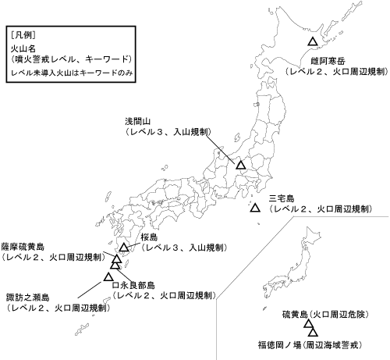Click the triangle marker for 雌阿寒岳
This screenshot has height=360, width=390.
pyautogui.click(x=312, y=41)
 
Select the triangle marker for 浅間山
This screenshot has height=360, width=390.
pyautogui.click(x=240, y=165)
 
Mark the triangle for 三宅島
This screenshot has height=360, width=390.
pyautogui.click(x=255, y=208)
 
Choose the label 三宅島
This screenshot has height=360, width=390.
pyautogui.click(x=282, y=198)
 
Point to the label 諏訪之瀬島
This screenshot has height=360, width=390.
pyautogui.click(x=26, y=297)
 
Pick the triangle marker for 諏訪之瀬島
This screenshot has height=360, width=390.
pyautogui.click(x=108, y=276)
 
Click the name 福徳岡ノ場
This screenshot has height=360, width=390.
pyautogui.click(x=280, y=343)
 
